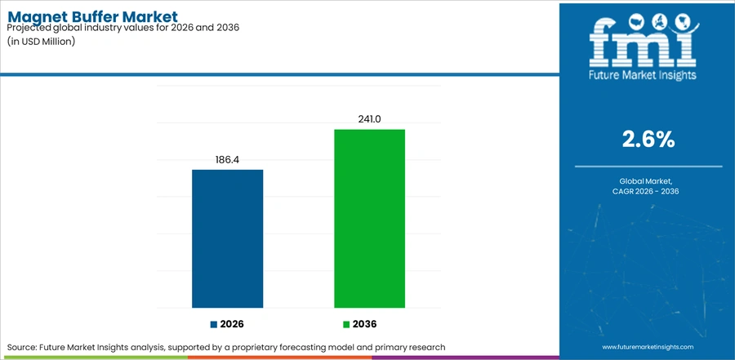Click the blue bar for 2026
[x=227, y=238]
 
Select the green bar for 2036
[x=369, y=219]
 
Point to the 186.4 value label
[x=227, y=160]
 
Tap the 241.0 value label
[x=369, y=119]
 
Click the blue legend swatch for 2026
[x=214, y=324]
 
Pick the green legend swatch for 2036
[x=346, y=324]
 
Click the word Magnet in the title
[x=36, y=18]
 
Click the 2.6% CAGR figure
[x=648, y=140]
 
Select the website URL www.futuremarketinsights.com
[x=648, y=347]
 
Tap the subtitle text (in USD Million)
[x=42, y=42]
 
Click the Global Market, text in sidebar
[x=648, y=181]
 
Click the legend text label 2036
[x=365, y=324]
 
